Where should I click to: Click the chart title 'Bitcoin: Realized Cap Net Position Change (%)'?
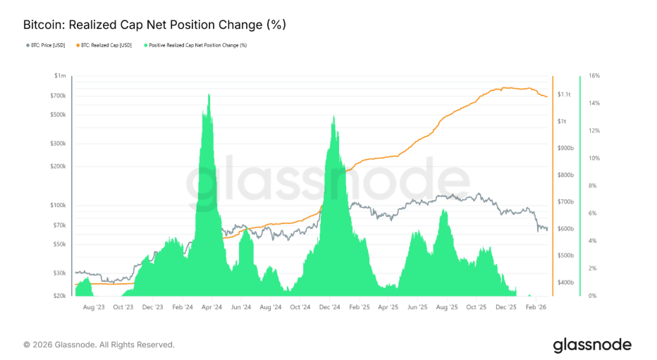pos(154,25)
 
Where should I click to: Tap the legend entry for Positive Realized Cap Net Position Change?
pos(197,45)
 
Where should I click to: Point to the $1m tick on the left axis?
pos(60,75)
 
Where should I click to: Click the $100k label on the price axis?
pos(58,205)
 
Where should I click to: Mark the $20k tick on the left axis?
pos(59,296)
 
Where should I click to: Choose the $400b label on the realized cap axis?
pos(565,283)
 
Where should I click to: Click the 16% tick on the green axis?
pos(593,75)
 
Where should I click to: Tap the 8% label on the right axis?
pos(592,186)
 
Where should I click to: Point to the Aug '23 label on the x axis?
pos(94,307)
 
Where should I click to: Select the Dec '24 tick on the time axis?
pos(329,307)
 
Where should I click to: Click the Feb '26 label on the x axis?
pos(536,307)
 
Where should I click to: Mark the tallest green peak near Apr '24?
pos(208,94)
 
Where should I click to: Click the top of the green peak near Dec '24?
pos(332,116)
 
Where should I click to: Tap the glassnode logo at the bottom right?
pos(591,345)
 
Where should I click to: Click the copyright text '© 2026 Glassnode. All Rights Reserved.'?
pos(99,345)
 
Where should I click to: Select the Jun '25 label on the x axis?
pos(417,307)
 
